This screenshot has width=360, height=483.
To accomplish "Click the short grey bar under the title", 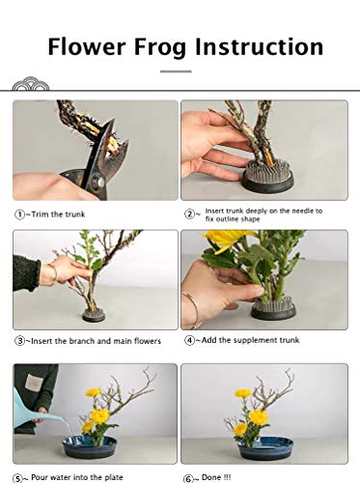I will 176,71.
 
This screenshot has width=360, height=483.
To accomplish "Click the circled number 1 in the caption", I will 19,213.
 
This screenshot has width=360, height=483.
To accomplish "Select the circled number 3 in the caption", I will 19,340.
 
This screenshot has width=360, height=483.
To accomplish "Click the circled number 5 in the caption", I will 19,476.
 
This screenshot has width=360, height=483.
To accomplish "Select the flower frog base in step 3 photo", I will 94,315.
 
